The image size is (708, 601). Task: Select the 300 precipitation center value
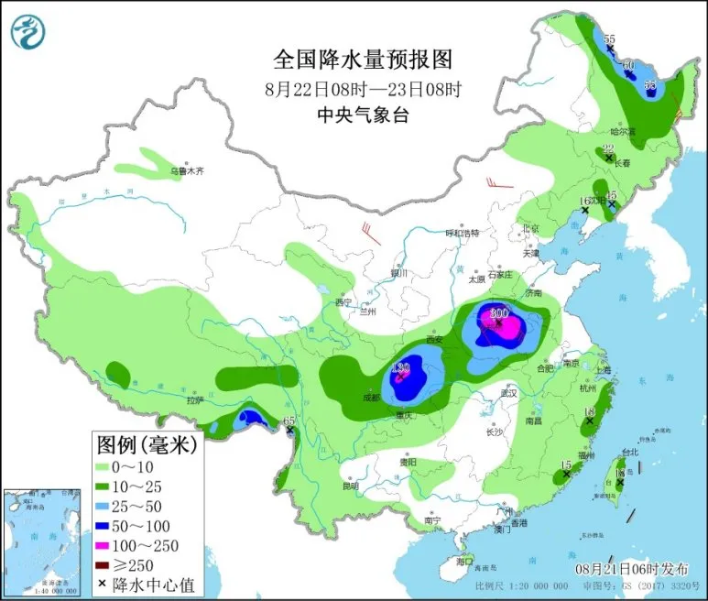pos(499,313)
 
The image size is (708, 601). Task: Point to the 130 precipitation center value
pos(399,368)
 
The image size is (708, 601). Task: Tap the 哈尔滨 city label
pos(625,132)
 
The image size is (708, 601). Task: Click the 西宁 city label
pos(343,301)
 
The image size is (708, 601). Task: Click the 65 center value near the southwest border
pos(290,421)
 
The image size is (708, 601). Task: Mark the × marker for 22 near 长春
pos(608,158)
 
